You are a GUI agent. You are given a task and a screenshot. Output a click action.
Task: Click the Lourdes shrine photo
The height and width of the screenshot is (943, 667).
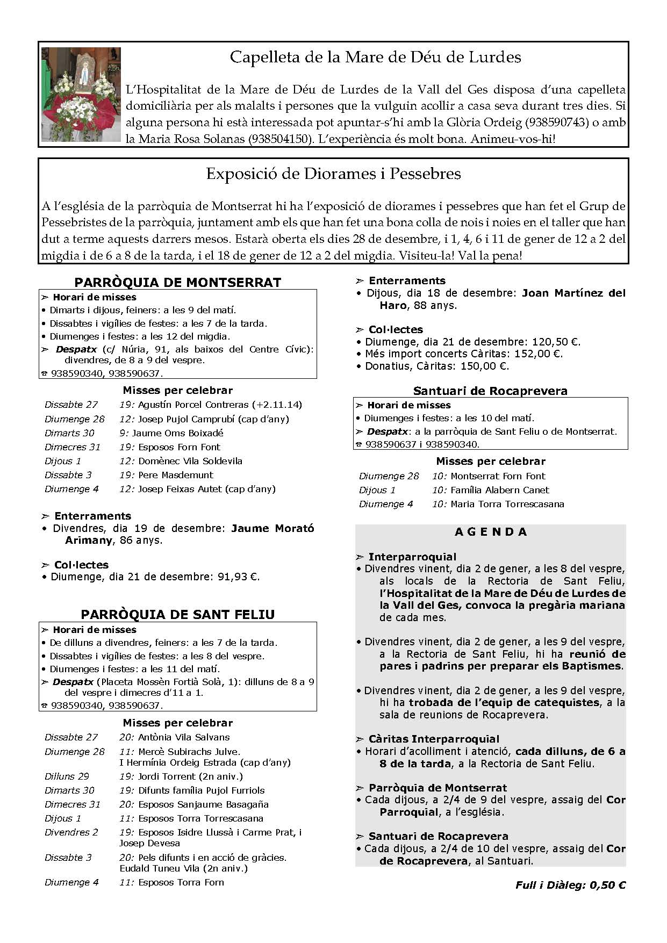[x=81, y=94]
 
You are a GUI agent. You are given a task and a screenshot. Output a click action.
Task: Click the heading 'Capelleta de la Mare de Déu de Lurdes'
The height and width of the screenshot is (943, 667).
[x=375, y=57]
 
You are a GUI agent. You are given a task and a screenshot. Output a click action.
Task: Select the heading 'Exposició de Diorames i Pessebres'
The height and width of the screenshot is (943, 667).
[x=333, y=174]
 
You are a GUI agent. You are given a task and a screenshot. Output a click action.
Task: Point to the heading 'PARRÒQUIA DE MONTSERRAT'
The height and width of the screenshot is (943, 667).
[x=177, y=282]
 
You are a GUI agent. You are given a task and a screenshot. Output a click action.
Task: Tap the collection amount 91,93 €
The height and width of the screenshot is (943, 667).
[x=239, y=577]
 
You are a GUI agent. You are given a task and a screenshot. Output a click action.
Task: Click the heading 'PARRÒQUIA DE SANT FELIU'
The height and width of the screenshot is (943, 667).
[x=177, y=615]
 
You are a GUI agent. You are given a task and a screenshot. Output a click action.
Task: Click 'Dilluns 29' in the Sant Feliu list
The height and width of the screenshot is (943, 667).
[x=67, y=776]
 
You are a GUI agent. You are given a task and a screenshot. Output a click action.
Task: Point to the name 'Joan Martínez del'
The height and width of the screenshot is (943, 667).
[x=574, y=293]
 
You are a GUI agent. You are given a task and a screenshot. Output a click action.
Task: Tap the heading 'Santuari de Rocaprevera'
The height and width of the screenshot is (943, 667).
[x=490, y=391]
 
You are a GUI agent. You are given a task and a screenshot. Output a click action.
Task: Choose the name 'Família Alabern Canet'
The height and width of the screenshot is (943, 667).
[x=500, y=490]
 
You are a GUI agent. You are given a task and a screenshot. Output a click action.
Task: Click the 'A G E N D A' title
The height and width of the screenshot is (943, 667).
[x=491, y=532]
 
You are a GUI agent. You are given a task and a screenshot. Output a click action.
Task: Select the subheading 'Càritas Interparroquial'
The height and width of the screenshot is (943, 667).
[x=434, y=739]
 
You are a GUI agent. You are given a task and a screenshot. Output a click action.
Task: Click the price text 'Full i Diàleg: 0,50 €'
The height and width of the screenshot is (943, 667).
[x=570, y=886]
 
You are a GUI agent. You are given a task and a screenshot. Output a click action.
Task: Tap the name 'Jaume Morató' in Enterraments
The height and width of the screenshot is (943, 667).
[x=272, y=528]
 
